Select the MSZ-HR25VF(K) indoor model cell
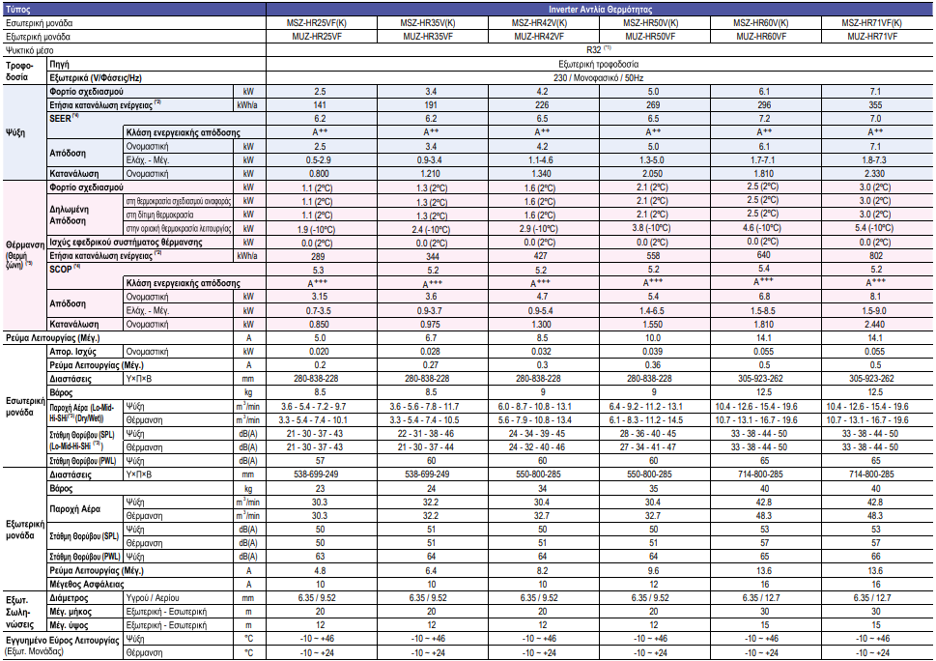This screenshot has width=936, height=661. point(321,21)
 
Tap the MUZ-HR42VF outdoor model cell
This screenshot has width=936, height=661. point(543,35)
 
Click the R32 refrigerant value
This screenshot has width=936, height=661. point(599,48)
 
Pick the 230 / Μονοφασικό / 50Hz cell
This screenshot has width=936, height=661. point(599,75)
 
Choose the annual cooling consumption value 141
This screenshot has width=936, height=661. point(321,103)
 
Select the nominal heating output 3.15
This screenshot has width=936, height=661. point(321,296)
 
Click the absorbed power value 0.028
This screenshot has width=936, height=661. point(432,352)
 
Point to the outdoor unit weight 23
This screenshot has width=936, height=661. point(321,489)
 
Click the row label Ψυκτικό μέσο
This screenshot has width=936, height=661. point(30,48)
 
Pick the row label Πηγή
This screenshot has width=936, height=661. point(60,62)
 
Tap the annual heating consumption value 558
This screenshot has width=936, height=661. point(654,255)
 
